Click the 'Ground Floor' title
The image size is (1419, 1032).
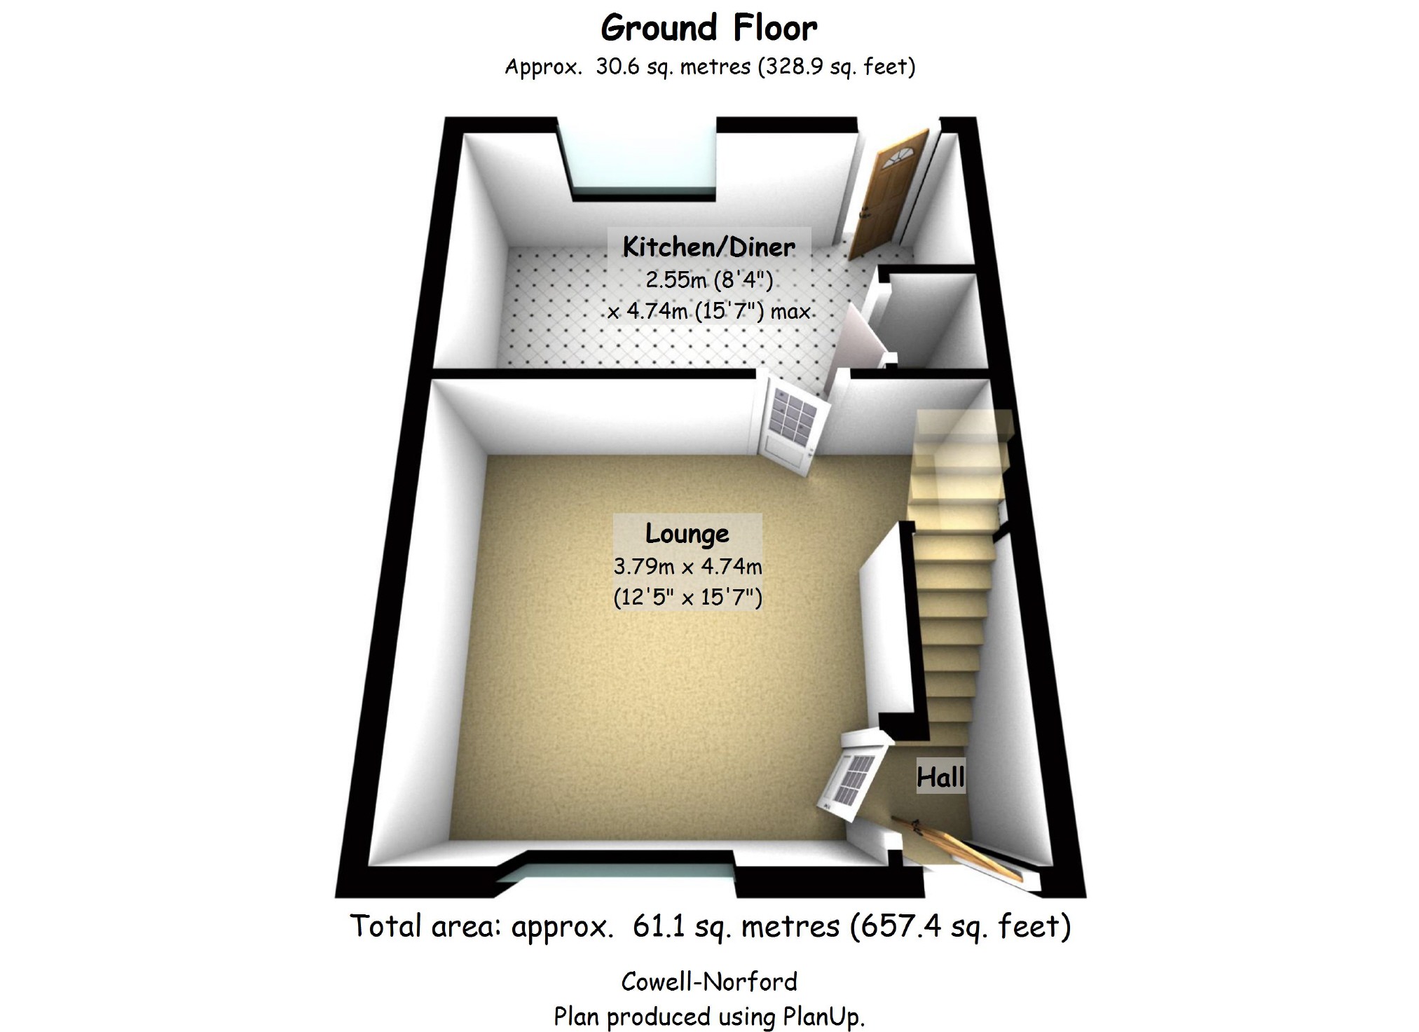point(708,29)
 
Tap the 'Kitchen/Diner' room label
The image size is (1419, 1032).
point(708,247)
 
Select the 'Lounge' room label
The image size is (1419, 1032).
point(687,533)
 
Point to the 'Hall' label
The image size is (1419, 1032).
point(940,777)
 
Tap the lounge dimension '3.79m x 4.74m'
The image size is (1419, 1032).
point(687,566)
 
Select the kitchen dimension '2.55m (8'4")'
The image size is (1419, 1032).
point(708,280)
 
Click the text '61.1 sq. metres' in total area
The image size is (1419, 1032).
point(736,926)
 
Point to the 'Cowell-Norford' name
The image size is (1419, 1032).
point(709,982)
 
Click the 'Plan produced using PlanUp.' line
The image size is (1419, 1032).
point(709,1016)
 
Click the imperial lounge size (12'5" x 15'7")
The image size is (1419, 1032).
point(687,597)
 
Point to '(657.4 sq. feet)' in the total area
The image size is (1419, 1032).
point(960,926)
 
